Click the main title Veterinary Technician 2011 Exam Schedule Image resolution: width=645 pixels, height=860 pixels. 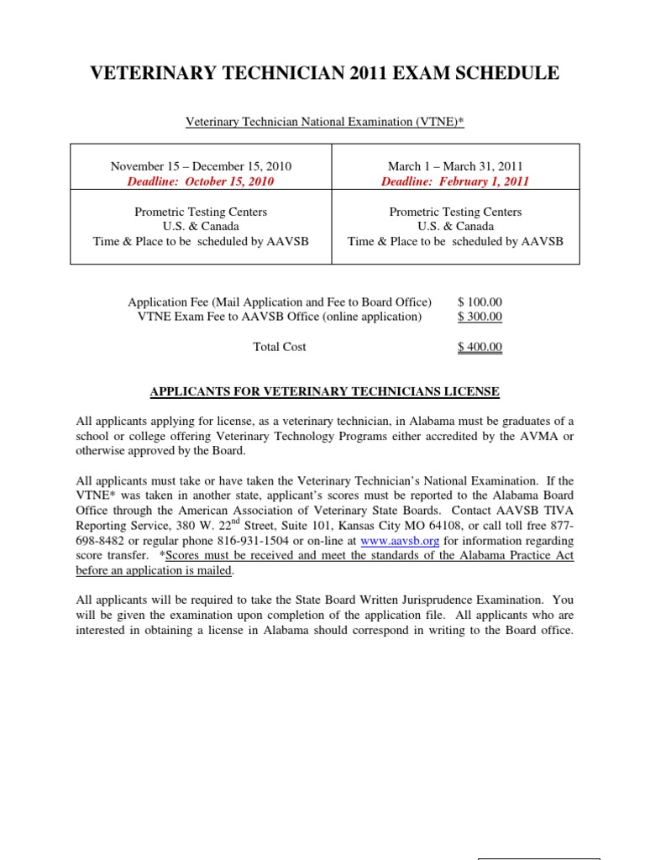[324, 74]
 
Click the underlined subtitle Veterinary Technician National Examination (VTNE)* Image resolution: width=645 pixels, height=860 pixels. [324, 123]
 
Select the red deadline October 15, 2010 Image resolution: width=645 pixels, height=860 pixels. [202, 181]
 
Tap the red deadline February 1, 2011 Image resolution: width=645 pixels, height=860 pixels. [455, 181]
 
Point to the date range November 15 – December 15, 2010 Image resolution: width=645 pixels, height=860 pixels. [202, 166]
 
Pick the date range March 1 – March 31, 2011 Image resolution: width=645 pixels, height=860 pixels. [455, 166]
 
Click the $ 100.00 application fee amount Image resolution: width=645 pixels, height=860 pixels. [480, 302]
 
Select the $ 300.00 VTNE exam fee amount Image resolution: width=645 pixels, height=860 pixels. [480, 317]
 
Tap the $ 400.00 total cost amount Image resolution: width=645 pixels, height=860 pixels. [480, 347]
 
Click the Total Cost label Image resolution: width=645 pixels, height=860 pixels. [280, 347]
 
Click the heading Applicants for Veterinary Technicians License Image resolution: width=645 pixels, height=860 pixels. [324, 391]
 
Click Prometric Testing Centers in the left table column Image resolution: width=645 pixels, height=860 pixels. [202, 212]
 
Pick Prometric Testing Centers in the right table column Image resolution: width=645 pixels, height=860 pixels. [455, 212]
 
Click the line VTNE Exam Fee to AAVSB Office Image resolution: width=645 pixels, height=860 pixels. [275, 317]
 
